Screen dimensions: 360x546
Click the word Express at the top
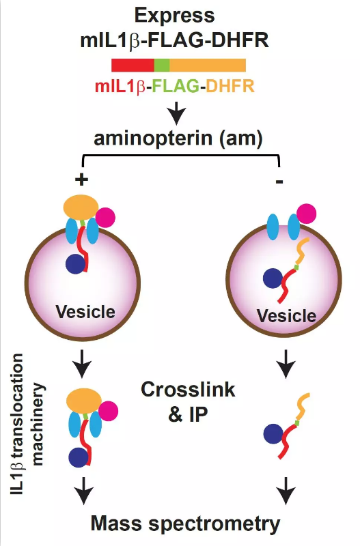click(x=175, y=16)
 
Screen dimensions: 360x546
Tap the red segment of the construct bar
click(x=133, y=65)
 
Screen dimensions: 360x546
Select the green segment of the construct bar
click(x=162, y=65)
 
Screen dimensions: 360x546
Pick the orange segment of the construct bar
click(x=208, y=65)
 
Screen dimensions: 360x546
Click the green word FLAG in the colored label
click(x=176, y=86)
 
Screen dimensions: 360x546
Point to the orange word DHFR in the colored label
click(x=230, y=86)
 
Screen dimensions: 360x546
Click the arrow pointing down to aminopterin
click(x=177, y=113)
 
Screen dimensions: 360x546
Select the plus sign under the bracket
click(x=81, y=179)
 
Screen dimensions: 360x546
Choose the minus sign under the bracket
click(x=279, y=182)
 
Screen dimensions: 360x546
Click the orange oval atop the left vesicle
click(x=81, y=207)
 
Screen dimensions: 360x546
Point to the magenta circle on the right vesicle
click(x=306, y=214)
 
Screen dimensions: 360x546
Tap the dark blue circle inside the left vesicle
click(x=76, y=264)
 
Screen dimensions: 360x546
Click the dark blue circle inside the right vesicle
click(x=273, y=278)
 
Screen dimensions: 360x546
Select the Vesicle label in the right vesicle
click(x=286, y=316)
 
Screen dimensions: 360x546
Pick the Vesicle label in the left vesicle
click(x=85, y=312)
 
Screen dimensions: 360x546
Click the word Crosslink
click(x=188, y=389)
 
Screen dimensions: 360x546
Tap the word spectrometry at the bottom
click(x=211, y=524)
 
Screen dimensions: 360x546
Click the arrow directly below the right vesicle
click(x=286, y=364)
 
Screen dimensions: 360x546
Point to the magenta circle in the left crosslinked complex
click(x=108, y=412)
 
